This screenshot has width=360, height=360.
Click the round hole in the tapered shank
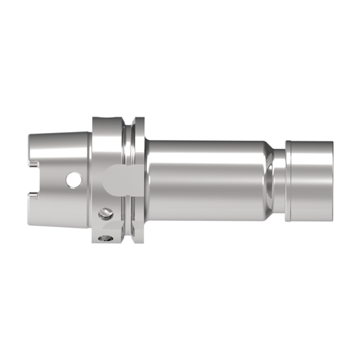(x=74, y=181)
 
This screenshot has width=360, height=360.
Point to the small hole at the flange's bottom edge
(x=106, y=239)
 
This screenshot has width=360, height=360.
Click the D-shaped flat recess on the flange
(x=113, y=181)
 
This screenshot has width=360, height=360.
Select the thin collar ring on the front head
(x=289, y=181)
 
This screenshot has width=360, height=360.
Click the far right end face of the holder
(x=331, y=181)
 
